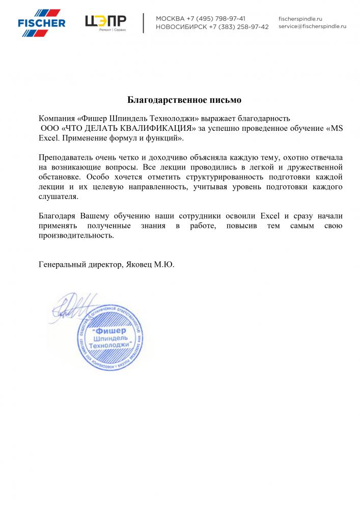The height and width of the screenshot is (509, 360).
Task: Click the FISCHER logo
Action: [x=41, y=22]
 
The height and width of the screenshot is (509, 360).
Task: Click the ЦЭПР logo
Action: [x=106, y=22]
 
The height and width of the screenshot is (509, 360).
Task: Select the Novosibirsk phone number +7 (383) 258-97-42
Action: [x=239, y=27]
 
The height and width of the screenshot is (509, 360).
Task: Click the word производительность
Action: [x=76, y=236]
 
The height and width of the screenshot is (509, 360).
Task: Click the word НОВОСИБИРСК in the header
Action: [x=180, y=27]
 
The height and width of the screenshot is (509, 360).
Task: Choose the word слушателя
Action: [x=59, y=196]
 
